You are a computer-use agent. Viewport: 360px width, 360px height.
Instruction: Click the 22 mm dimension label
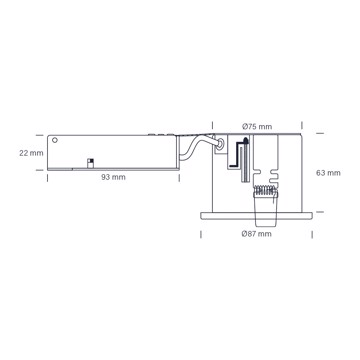(x=31, y=153)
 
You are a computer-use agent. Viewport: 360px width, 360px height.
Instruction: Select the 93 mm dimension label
(x=114, y=177)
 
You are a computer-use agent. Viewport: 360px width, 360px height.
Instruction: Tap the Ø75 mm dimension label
(x=257, y=127)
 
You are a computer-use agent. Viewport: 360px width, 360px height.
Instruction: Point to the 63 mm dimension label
(x=328, y=173)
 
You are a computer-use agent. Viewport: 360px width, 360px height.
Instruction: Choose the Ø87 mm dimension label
(x=256, y=234)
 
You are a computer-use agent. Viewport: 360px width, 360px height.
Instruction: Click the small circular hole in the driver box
(x=55, y=140)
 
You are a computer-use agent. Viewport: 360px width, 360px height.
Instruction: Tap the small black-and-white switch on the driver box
(x=90, y=163)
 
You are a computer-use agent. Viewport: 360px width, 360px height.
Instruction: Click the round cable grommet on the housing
(x=220, y=144)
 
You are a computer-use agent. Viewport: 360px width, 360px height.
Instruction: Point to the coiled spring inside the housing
(x=265, y=190)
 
